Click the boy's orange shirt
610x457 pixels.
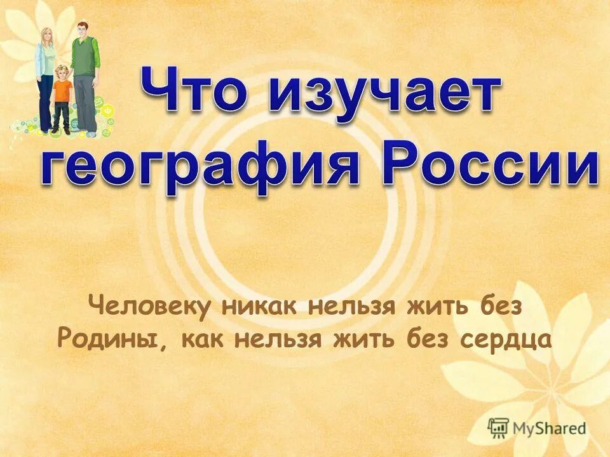[x=62, y=91]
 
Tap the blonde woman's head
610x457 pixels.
[x=47, y=36]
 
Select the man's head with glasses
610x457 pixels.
[x=82, y=29]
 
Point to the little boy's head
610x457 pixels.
[x=62, y=71]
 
